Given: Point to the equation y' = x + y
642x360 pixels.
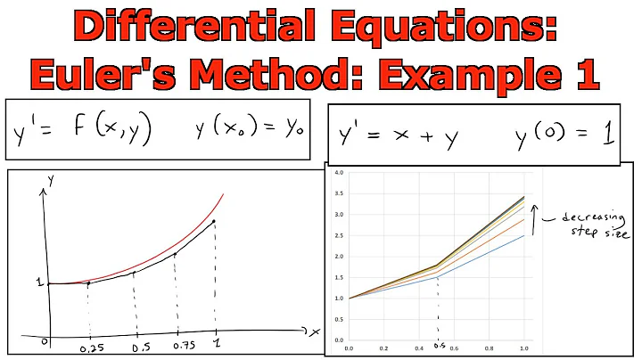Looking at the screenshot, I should pyautogui.click(x=400, y=135).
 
